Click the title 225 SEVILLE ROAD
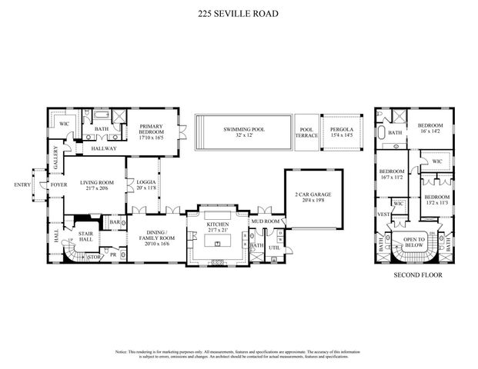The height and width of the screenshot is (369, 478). pyautogui.click(x=239, y=13)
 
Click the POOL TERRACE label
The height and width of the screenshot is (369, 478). pyautogui.click(x=306, y=132)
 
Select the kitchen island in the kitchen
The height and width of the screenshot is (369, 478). pyautogui.click(x=219, y=244)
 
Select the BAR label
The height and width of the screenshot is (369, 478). pyautogui.click(x=114, y=222)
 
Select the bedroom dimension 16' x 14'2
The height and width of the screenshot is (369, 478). pyautogui.click(x=430, y=132)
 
